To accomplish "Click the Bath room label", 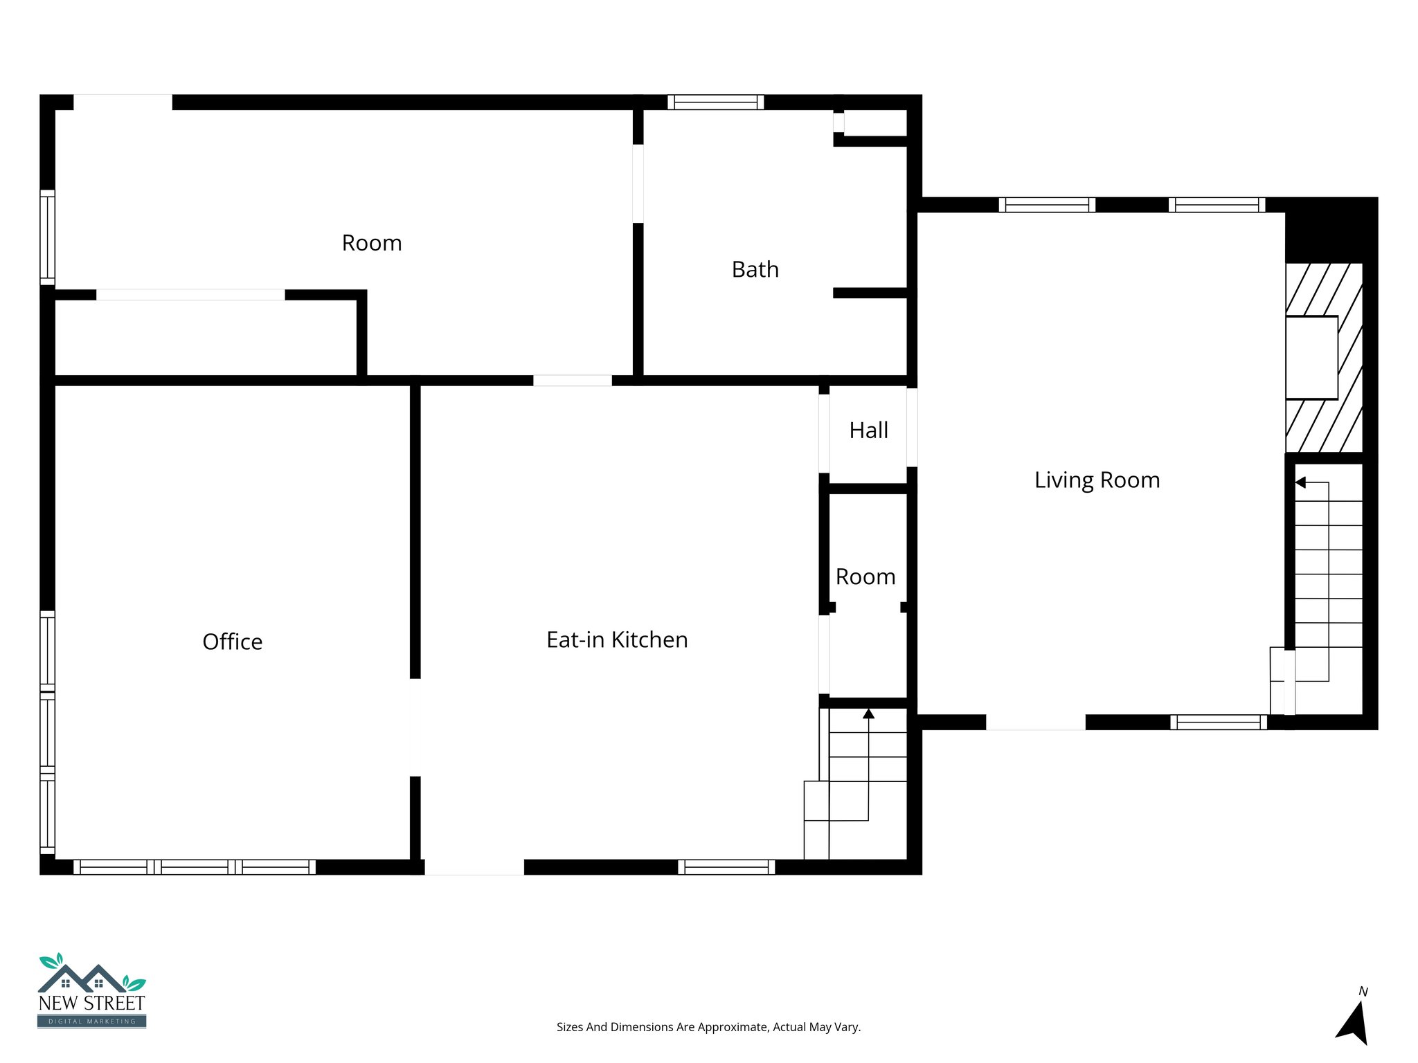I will click(755, 269).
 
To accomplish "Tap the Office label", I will click(233, 642).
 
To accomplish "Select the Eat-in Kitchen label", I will click(617, 639).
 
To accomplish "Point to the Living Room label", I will click(1097, 480).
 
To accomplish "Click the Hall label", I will click(868, 430).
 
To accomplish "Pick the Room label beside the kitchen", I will click(865, 576).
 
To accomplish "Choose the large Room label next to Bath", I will click(372, 243).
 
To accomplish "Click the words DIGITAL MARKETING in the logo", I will click(91, 1021).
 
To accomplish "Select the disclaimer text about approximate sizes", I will click(708, 1027).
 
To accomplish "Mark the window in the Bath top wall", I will click(715, 102).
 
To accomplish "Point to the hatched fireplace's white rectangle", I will click(1311, 357).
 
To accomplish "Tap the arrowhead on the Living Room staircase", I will click(1300, 482).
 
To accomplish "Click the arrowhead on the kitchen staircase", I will click(868, 714).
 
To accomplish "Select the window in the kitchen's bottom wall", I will click(726, 867).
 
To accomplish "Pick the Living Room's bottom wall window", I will click(1218, 723).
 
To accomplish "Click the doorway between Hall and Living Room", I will click(912, 427).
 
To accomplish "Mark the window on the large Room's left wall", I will click(47, 237).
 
